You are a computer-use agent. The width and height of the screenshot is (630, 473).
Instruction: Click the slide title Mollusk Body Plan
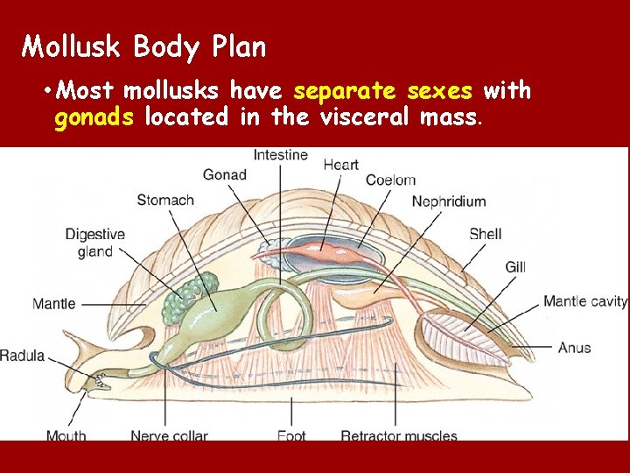[143, 46]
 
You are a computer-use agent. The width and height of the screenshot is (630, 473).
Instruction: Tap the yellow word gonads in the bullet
[94, 116]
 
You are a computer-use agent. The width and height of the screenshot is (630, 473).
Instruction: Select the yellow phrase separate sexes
[383, 91]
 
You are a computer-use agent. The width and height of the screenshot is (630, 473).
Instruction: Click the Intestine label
[280, 155]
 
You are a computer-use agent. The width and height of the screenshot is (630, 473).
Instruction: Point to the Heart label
[340, 165]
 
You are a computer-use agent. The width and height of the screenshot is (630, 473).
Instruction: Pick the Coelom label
[390, 180]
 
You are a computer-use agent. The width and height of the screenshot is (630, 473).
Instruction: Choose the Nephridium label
[448, 201]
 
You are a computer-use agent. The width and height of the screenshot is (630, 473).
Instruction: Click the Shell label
[485, 234]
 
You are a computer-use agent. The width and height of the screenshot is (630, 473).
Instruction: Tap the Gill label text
[515, 266]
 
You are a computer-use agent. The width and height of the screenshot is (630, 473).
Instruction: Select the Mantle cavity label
[584, 301]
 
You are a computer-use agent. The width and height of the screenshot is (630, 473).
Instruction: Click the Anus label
[574, 348]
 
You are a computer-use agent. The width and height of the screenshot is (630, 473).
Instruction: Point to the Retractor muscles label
[398, 435]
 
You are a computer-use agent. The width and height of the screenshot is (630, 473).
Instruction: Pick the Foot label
[290, 435]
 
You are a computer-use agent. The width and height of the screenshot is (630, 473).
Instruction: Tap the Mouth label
[66, 435]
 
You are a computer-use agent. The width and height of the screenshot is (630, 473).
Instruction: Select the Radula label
[23, 356]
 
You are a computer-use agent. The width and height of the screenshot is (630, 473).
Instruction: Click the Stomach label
[165, 201]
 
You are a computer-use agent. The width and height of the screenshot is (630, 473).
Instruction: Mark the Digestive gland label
[95, 243]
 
